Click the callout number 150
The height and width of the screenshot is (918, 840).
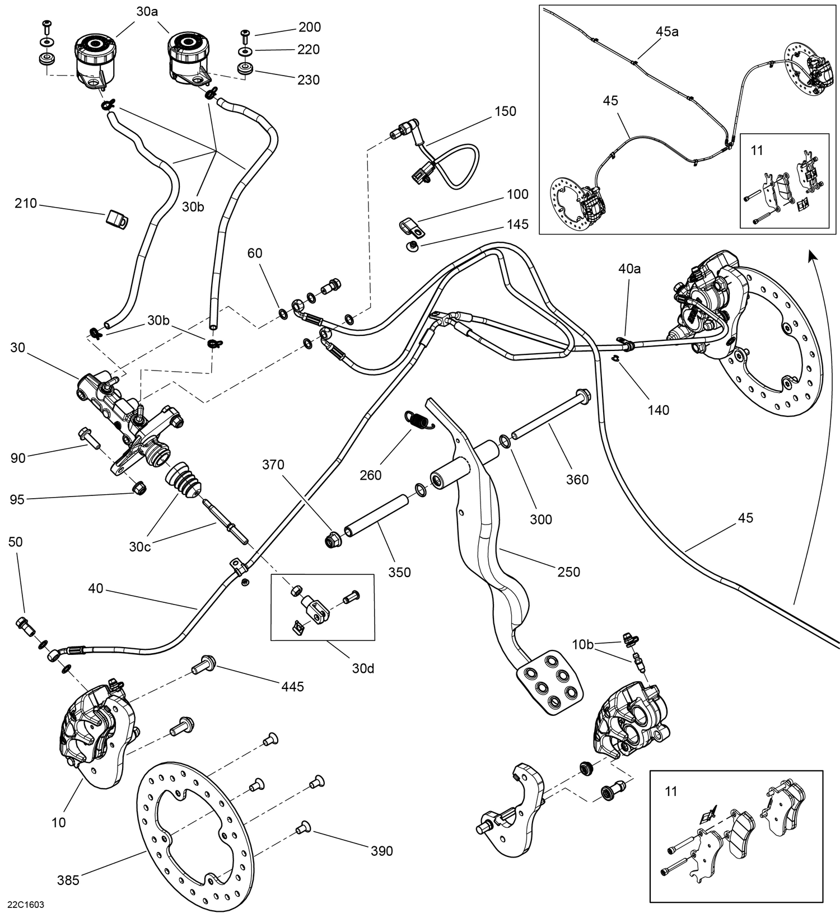click(x=505, y=111)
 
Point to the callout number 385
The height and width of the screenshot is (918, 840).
click(x=68, y=880)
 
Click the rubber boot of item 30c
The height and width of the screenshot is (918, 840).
click(x=183, y=479)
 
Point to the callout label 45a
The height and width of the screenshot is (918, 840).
click(x=667, y=32)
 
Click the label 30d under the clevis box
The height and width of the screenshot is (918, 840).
click(x=363, y=668)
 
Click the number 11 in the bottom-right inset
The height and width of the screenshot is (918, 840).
click(x=671, y=791)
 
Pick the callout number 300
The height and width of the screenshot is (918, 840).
click(x=541, y=519)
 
